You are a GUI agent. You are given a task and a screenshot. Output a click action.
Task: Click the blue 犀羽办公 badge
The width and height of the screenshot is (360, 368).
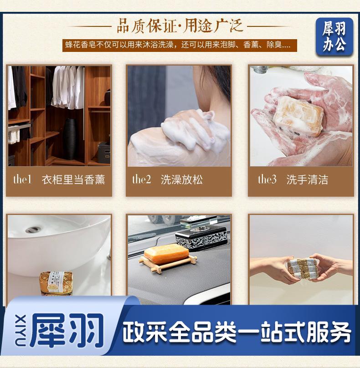pos(334,36)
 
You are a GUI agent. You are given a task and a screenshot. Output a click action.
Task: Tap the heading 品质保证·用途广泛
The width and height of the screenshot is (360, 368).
pos(180,26)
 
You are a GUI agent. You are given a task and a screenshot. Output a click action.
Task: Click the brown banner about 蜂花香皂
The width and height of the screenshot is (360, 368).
pos(180,45)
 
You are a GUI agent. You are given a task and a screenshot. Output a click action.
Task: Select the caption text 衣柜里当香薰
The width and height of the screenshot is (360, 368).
pos(73,180)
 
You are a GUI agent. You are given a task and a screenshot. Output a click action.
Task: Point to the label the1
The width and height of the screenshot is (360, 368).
pos(22,179)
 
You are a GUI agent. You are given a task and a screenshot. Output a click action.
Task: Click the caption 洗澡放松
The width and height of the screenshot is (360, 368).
pos(181,180)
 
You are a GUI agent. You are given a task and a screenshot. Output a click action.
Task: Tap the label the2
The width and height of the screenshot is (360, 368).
pos(142,179)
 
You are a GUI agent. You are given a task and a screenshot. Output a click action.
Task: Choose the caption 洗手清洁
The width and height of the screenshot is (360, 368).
pos(307,180)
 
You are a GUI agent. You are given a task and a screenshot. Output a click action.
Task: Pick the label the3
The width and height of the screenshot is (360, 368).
pos(267,179)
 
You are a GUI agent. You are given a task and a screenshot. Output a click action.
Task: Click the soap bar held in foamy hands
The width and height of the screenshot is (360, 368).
pos(298,116)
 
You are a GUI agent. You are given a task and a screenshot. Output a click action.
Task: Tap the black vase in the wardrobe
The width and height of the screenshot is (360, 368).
pos(70,139)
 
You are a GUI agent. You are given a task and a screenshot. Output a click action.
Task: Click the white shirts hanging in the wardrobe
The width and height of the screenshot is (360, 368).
pos(68,87)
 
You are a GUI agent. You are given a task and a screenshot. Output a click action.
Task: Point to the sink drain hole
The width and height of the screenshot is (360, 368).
pos(33,229)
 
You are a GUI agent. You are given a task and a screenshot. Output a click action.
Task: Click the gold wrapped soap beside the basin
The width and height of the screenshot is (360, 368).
pos(56,283)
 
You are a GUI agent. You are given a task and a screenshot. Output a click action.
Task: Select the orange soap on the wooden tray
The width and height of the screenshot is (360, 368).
pos(166,254)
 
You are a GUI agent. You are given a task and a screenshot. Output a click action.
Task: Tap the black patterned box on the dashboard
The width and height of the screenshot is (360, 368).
pos(201,237)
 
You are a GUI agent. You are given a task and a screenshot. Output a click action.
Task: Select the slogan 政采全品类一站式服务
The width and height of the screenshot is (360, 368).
pos(237,332)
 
